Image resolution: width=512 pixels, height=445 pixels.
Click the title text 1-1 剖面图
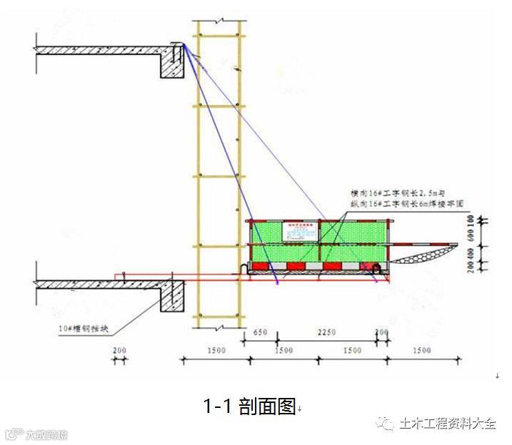pyautogui.click(x=249, y=406)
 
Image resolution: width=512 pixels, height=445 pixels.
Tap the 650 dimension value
pyautogui.click(x=259, y=332)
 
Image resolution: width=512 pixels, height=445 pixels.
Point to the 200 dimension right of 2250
pyautogui.click(x=381, y=332)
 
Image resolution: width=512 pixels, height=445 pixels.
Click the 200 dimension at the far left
pyautogui.click(x=120, y=351)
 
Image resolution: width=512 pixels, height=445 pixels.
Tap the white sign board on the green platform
pyautogui.click(x=294, y=230)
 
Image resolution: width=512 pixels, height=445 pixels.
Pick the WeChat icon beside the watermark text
pyautogui.click(x=386, y=423)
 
